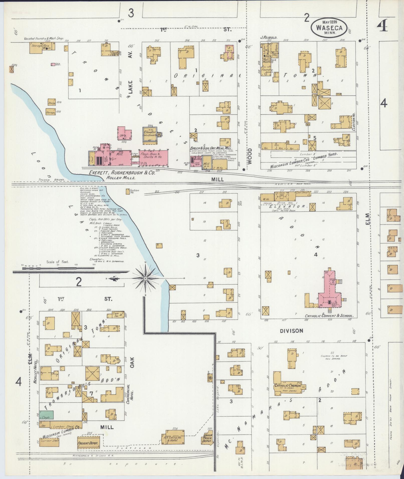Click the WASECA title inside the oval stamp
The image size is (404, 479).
pos(329,28)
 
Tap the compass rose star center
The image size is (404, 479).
pos(145,278)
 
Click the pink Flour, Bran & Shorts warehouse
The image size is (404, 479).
pos(154,157)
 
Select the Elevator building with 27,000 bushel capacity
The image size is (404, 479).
pos(150,135)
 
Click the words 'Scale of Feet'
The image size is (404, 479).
pos(58,262)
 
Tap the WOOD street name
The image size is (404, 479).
pos(249,156)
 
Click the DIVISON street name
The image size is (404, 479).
pos(291,331)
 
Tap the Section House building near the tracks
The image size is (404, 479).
pos(127,192)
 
